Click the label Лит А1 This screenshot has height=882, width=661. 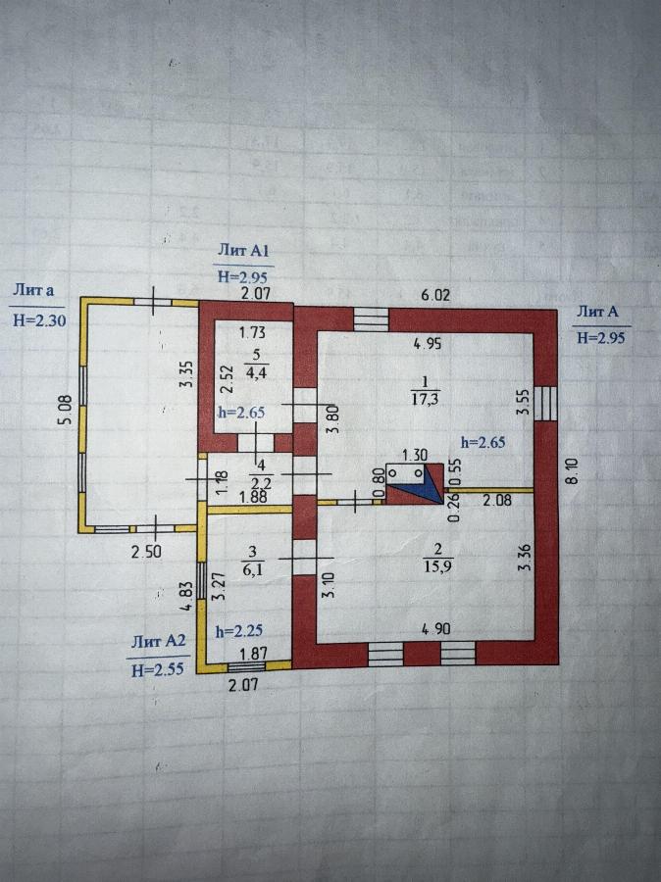(x=243, y=252)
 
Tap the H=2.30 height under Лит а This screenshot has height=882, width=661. (x=36, y=318)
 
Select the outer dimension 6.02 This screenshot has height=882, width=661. (x=437, y=293)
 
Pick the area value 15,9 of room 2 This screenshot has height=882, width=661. (x=425, y=565)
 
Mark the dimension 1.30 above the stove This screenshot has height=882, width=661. (x=414, y=455)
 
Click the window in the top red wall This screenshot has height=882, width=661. (x=371, y=318)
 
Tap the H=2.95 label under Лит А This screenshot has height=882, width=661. (x=599, y=337)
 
